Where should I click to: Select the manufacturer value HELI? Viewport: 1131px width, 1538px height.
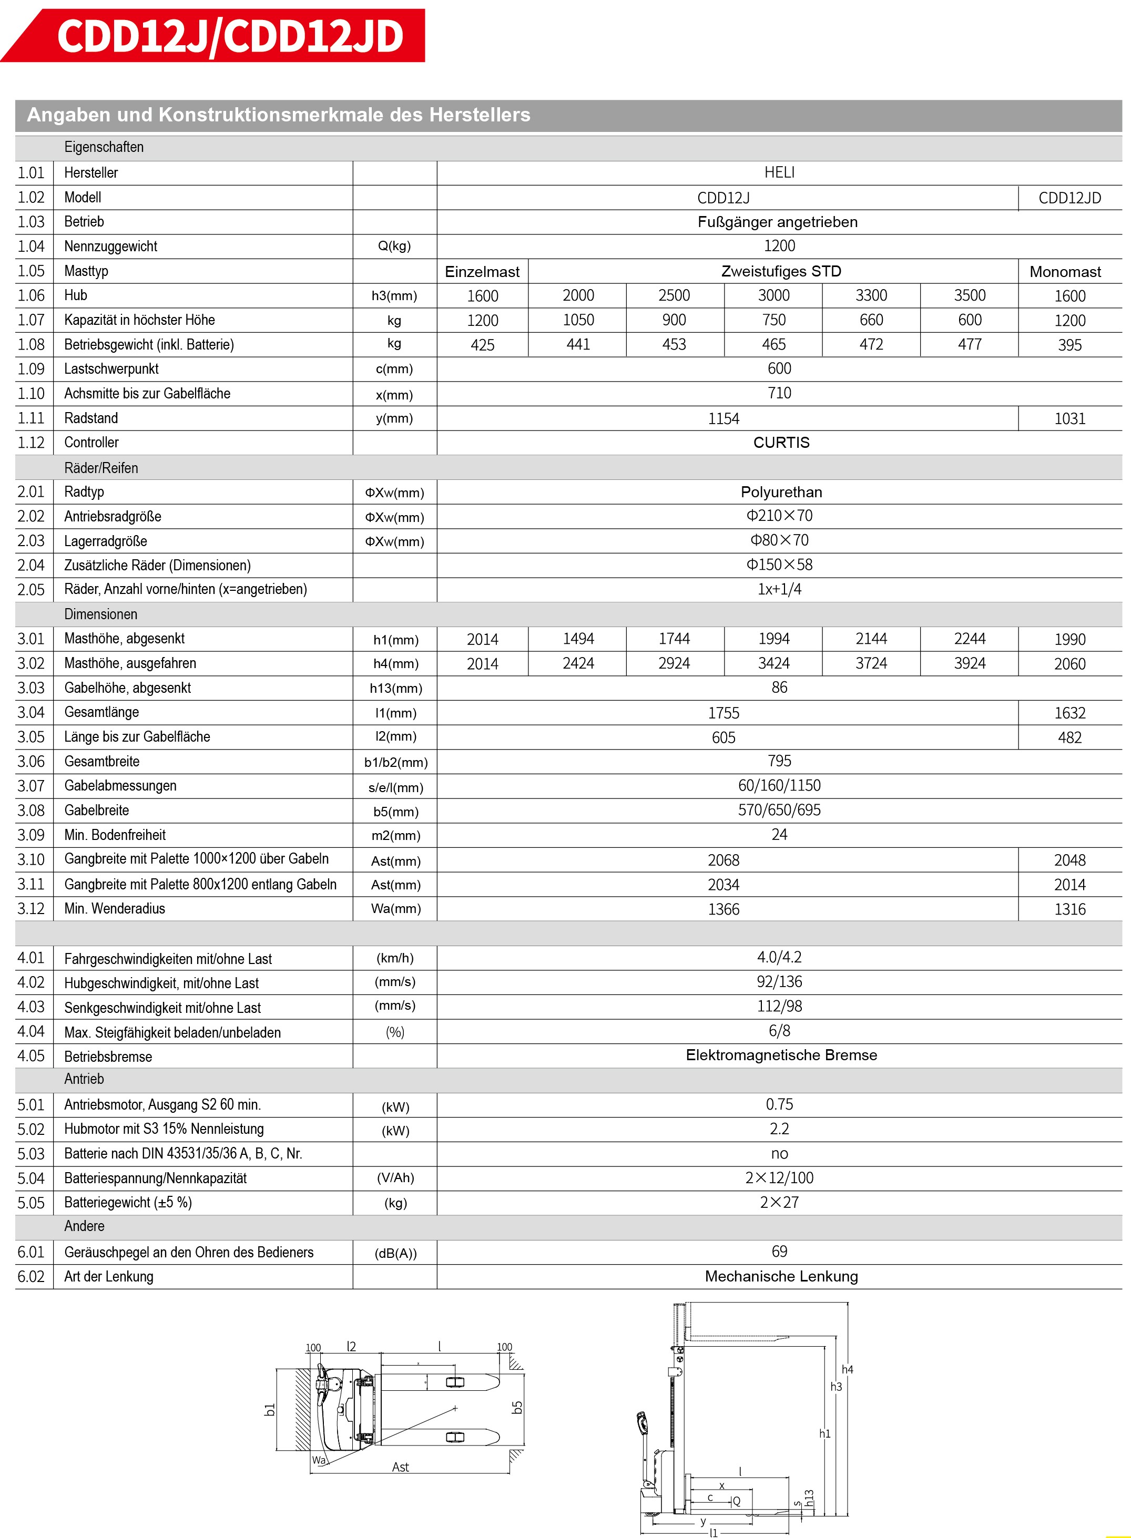[779, 172]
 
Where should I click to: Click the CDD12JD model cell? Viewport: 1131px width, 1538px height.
[1069, 198]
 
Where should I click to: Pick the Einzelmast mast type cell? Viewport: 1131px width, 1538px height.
[482, 272]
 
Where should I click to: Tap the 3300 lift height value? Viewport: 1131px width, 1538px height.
[871, 296]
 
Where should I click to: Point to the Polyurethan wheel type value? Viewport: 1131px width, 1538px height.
[781, 492]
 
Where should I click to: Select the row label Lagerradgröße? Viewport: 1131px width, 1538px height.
[106, 541]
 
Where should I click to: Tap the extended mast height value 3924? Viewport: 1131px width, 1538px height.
[970, 663]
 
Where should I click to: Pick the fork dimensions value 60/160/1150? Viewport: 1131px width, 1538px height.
[779, 786]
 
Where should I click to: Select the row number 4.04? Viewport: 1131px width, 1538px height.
[31, 1031]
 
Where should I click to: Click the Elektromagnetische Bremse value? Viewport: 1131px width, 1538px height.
[781, 1055]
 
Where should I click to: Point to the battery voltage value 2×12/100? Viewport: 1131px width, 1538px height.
[779, 1178]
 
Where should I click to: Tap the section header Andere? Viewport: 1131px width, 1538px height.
[84, 1226]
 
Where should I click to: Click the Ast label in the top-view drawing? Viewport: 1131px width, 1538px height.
[401, 1468]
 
